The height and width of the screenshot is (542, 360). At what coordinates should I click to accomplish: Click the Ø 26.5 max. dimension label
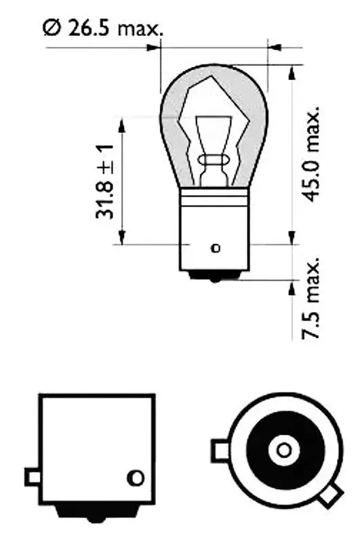[102, 28]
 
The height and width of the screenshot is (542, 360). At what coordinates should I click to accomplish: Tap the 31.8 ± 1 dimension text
[104, 181]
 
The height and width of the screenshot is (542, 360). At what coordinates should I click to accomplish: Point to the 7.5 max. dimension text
[312, 298]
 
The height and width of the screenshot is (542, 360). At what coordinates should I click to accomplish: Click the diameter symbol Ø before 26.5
[51, 28]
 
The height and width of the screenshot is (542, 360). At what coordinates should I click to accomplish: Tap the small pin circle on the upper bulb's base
[216, 248]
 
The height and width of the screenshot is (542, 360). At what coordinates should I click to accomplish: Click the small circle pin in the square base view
[137, 477]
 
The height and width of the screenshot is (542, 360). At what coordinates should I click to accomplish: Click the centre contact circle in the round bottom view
[283, 450]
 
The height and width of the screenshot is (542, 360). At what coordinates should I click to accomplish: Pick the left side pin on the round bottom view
[220, 449]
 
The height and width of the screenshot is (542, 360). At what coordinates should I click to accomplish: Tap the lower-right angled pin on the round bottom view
[327, 496]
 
